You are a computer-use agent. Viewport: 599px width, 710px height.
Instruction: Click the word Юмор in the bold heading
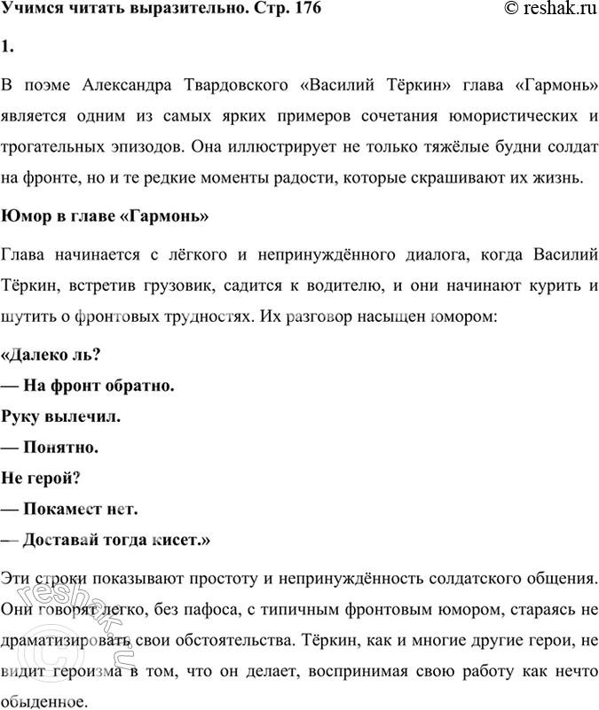24,216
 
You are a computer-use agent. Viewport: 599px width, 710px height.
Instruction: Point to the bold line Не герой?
42,478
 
